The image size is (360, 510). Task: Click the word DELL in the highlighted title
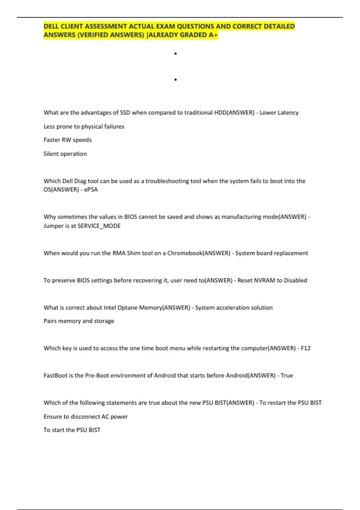(51, 26)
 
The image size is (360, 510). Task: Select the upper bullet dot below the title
(175, 54)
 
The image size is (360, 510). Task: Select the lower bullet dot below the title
(175, 80)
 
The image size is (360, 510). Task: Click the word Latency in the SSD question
(288, 113)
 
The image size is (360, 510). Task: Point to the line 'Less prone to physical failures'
(84, 127)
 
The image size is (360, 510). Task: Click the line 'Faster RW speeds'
(67, 140)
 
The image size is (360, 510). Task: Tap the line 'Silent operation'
(65, 154)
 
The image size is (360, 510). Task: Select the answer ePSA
(91, 190)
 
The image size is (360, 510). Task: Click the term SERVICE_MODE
(99, 226)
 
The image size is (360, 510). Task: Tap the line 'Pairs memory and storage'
(79, 321)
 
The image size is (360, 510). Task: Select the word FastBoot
(55, 376)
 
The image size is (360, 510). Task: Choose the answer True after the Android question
(287, 376)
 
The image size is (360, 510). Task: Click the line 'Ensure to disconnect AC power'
(85, 417)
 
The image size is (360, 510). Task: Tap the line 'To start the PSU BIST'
(72, 430)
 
